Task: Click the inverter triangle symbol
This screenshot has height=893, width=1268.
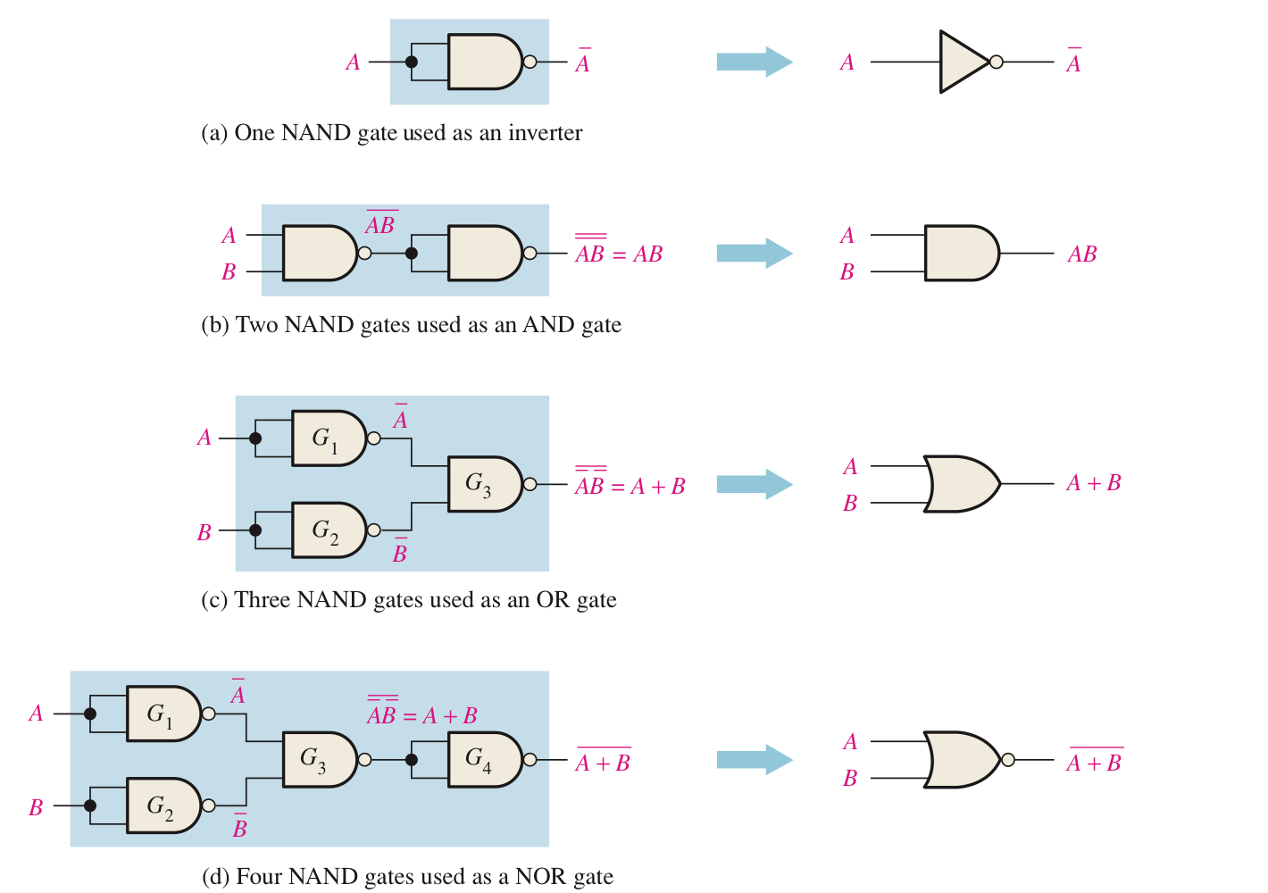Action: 962,62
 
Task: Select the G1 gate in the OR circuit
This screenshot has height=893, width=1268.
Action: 327,438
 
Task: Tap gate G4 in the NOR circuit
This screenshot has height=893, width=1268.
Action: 483,760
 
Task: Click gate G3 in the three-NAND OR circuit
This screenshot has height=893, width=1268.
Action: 483,484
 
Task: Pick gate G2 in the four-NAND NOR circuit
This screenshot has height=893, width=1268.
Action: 162,805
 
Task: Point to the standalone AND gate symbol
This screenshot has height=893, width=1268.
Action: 960,254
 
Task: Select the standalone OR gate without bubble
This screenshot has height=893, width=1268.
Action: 960,484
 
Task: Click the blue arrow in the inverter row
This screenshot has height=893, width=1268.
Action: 754,62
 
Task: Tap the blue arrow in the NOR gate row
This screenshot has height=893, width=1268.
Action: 754,760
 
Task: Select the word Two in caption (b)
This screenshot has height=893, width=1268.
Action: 255,325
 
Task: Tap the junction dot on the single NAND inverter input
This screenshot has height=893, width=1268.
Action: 412,62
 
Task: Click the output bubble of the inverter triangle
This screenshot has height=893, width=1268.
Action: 997,62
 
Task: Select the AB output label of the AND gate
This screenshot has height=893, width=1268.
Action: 1082,255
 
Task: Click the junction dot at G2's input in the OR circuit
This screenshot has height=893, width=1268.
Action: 255,530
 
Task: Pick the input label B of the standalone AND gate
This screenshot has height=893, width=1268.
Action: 847,272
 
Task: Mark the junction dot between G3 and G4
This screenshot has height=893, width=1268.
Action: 412,760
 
